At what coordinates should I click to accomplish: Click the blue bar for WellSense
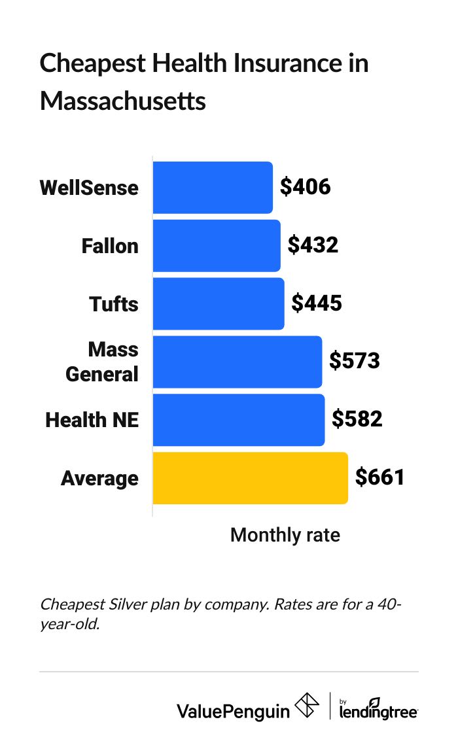pyautogui.click(x=213, y=188)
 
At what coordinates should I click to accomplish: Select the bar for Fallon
pyautogui.click(x=217, y=246)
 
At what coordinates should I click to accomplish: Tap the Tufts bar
pyautogui.click(x=219, y=304)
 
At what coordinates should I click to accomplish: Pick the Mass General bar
pyautogui.click(x=237, y=362)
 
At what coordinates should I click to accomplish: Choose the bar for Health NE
pyautogui.click(x=239, y=420)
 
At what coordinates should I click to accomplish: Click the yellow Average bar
pyautogui.click(x=250, y=478)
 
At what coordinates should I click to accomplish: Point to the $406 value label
pyautogui.click(x=306, y=188)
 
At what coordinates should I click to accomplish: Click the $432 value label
pyautogui.click(x=313, y=246)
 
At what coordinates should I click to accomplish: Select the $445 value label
pyautogui.click(x=317, y=304)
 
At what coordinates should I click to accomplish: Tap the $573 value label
pyautogui.click(x=354, y=362)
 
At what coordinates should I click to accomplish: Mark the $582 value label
pyautogui.click(x=357, y=420)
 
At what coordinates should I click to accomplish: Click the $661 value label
pyautogui.click(x=380, y=478)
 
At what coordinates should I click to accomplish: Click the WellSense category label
pyautogui.click(x=89, y=188)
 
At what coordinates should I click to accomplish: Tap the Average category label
pyautogui.click(x=99, y=479)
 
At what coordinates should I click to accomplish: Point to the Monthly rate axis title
pyautogui.click(x=285, y=536)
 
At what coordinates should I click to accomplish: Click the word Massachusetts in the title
pyautogui.click(x=123, y=102)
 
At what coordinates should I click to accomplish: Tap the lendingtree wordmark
pyautogui.click(x=379, y=710)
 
